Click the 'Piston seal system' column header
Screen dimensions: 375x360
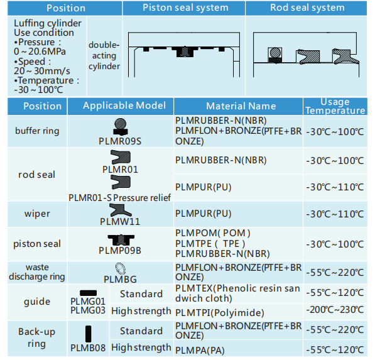coord(185,8)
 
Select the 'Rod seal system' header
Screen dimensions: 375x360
coord(307,8)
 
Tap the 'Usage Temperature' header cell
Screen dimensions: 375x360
coord(335,106)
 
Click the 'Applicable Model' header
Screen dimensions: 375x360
coord(124,106)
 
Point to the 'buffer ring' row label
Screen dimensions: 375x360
coord(37,131)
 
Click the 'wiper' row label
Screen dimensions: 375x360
coord(37,214)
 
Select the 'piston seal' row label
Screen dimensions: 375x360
coord(37,244)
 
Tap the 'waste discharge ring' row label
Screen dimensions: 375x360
coord(37,272)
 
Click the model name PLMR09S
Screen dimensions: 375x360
coord(120,141)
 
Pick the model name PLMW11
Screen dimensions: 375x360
coord(120,222)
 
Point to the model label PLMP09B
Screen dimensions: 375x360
coord(120,251)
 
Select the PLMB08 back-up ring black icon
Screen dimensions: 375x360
coord(88,334)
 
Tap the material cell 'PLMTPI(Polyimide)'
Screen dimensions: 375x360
coord(220,313)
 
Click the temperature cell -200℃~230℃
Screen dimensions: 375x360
coord(335,310)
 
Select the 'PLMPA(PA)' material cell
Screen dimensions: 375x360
coord(200,351)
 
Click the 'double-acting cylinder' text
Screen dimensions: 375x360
coord(104,55)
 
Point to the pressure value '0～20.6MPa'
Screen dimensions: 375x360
coord(40,52)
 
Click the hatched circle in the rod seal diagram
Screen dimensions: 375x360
coord(275,53)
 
